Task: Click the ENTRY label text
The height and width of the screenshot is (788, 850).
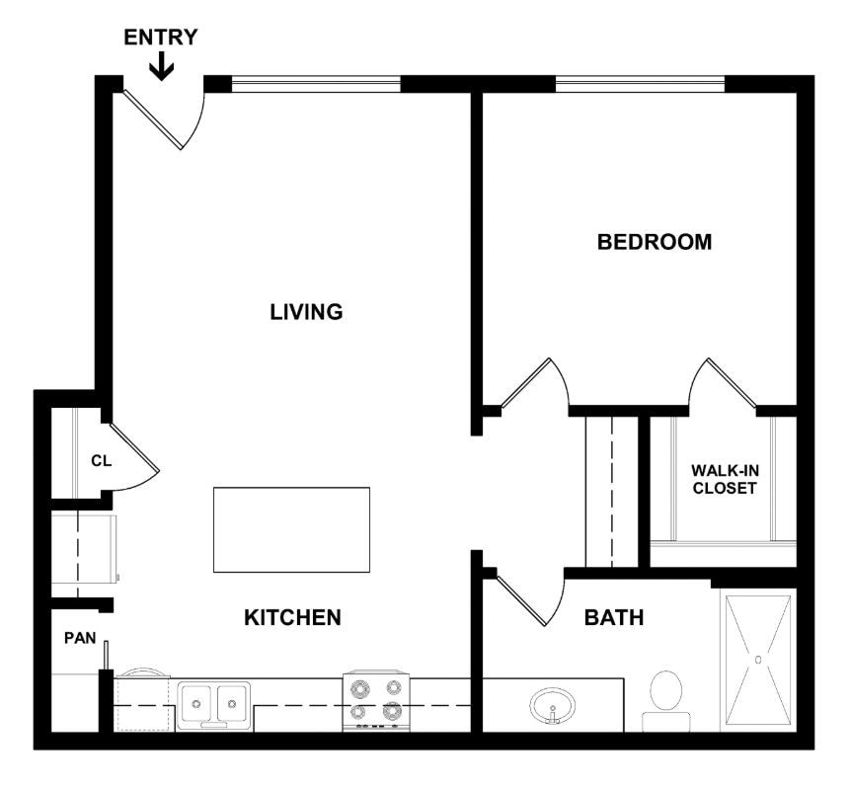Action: pyautogui.click(x=160, y=38)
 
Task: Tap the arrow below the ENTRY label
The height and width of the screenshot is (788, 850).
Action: pyautogui.click(x=161, y=66)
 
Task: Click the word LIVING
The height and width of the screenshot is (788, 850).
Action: pyautogui.click(x=306, y=312)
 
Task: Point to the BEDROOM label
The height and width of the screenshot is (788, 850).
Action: pyautogui.click(x=654, y=242)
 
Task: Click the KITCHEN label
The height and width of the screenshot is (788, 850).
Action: pyautogui.click(x=292, y=618)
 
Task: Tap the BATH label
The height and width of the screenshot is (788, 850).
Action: pyautogui.click(x=613, y=618)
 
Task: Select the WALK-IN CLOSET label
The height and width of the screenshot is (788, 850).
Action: pyautogui.click(x=724, y=479)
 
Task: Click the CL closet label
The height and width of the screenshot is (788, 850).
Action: pyautogui.click(x=101, y=459)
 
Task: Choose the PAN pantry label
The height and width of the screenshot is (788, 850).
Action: pyautogui.click(x=80, y=638)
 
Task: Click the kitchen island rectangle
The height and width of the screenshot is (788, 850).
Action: pyautogui.click(x=291, y=529)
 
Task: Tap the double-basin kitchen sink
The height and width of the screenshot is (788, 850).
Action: pyautogui.click(x=213, y=704)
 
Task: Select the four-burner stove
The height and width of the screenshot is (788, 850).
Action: pyautogui.click(x=375, y=701)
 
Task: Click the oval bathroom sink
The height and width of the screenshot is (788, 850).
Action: pyautogui.click(x=553, y=707)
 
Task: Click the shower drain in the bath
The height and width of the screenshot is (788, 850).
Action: pyautogui.click(x=757, y=659)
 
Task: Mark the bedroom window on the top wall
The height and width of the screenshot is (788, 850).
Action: pyautogui.click(x=640, y=84)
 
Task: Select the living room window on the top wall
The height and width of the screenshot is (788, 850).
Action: pyautogui.click(x=316, y=84)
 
